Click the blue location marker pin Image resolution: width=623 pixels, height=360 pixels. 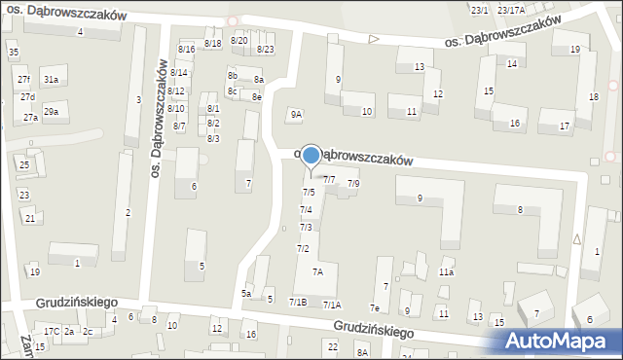click(x=311, y=157)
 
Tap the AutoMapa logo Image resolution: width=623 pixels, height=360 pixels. click(x=562, y=340)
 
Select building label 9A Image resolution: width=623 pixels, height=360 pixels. click(x=296, y=115)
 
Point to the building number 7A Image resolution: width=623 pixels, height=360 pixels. click(x=317, y=272)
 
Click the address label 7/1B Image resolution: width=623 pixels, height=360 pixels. click(x=298, y=303)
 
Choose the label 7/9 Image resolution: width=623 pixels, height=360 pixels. click(x=353, y=183)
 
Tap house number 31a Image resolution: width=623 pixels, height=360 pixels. click(x=51, y=80)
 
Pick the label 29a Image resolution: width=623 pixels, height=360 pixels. click(x=51, y=112)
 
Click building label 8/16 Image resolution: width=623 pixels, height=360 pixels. click(x=186, y=49)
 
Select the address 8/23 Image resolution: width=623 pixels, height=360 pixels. click(x=265, y=49)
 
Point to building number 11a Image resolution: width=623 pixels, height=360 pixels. click(x=446, y=272)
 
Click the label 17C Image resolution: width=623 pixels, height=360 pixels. click(x=52, y=332)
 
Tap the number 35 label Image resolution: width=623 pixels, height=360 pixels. click(x=13, y=52)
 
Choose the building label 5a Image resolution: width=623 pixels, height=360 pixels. click(x=246, y=293)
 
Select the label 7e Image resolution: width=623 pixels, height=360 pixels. click(x=374, y=308)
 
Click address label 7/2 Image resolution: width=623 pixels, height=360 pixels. click(x=303, y=249)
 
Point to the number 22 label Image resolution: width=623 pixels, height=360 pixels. click(x=332, y=346)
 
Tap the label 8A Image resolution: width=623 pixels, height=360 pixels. click(x=362, y=352)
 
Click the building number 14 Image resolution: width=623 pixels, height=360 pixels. click(x=512, y=63)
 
